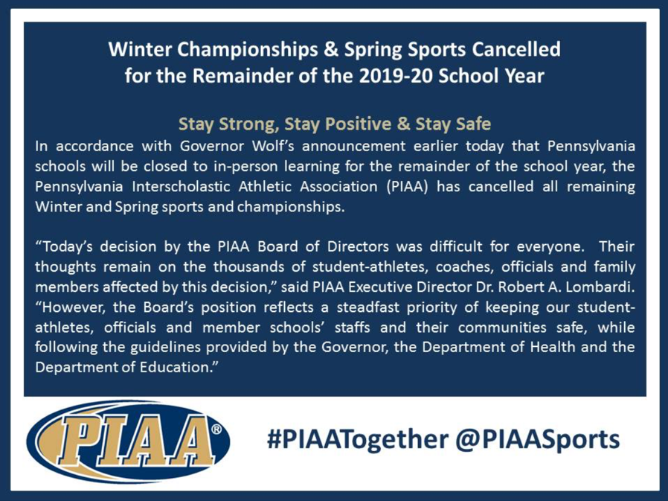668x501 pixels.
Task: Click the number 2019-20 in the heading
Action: (x=396, y=76)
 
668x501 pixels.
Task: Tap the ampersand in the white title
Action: (x=330, y=49)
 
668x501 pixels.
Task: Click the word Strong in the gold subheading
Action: (x=243, y=124)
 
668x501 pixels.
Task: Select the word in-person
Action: (x=245, y=167)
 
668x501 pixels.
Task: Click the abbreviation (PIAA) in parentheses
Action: (x=408, y=187)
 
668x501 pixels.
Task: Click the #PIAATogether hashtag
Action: (x=357, y=440)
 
